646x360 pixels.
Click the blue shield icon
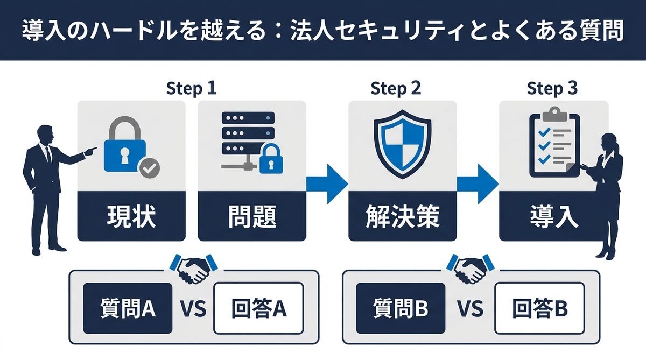point(402,145)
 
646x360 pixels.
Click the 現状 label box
point(131,217)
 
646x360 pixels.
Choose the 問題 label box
point(252,217)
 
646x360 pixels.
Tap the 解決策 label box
point(402,217)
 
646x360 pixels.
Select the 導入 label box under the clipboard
point(553,217)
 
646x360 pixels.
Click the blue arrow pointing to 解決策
point(327,184)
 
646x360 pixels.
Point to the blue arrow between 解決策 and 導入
point(478,184)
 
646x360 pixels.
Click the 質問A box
point(128,308)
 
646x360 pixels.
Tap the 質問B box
point(401,308)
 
